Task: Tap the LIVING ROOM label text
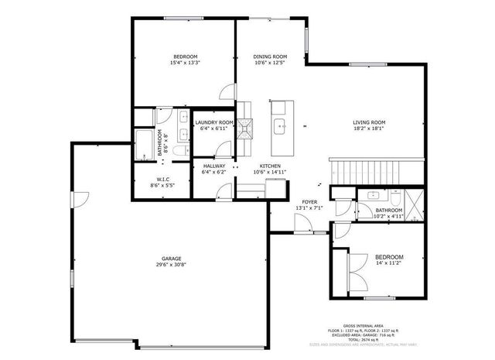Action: pos(369,122)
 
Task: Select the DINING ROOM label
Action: pos(270,57)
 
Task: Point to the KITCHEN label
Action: pos(270,166)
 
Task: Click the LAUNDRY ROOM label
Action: pos(213,122)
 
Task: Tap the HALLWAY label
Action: pos(213,166)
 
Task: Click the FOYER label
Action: pos(309,201)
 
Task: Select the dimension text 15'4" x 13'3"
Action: pos(185,63)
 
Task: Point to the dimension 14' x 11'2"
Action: pos(388,263)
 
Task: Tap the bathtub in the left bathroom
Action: pos(145,145)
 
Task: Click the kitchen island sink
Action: pos(279,125)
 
